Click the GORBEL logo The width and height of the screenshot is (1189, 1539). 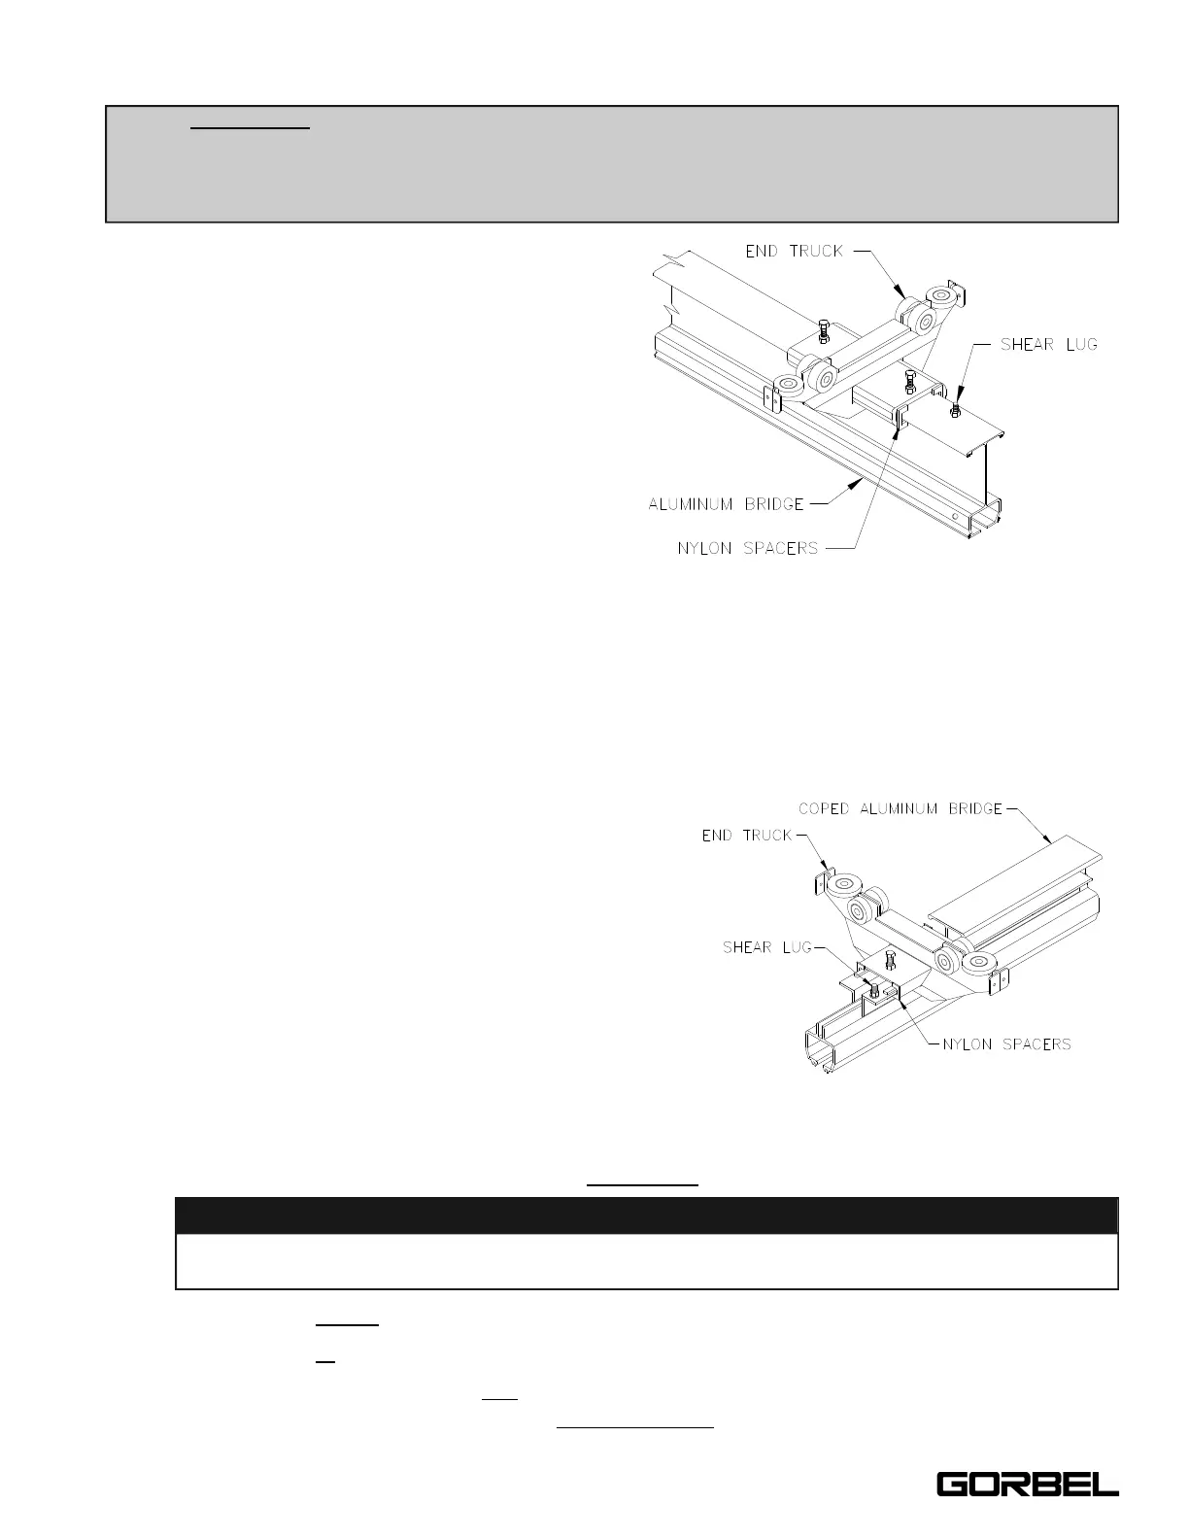[x=1027, y=1485]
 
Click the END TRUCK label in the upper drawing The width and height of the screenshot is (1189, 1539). [x=794, y=251]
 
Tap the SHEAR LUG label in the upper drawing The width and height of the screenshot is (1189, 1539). [x=1048, y=344]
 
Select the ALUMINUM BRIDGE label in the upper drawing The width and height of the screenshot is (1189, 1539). [x=726, y=503]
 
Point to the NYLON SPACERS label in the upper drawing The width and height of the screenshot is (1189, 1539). [x=747, y=548]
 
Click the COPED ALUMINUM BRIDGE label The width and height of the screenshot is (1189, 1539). [x=900, y=808]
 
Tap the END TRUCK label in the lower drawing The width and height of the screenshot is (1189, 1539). [x=747, y=836]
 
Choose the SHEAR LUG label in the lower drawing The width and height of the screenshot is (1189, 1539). [x=766, y=947]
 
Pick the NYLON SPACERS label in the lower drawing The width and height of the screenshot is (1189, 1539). [x=1006, y=1044]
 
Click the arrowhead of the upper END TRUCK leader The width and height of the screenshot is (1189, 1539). [x=903, y=294]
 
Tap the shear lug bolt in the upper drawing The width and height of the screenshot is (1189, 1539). [x=954, y=410]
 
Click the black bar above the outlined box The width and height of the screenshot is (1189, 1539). [x=646, y=1215]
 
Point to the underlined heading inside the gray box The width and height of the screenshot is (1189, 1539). [x=250, y=126]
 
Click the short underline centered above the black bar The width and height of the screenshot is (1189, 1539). [x=642, y=1185]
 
